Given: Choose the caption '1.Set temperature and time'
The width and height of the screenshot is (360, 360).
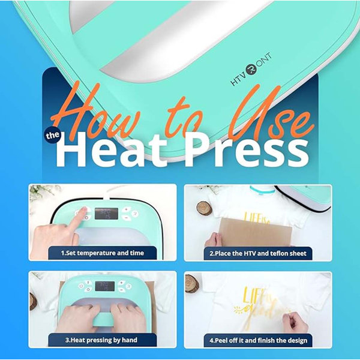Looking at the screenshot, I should [103, 253].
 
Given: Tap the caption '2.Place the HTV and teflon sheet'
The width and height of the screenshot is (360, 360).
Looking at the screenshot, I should [257, 253].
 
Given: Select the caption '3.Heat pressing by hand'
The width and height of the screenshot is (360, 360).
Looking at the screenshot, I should [101, 340].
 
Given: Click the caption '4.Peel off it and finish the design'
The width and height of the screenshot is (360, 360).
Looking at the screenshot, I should [257, 340].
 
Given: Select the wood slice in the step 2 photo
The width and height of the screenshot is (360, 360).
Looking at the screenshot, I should [204, 208].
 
